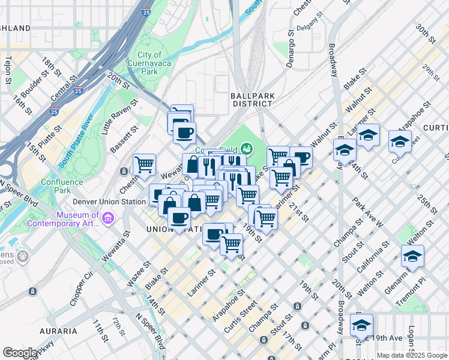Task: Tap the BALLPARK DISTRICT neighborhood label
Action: (252, 100)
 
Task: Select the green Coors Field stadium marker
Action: (247, 148)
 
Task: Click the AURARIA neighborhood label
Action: (58, 331)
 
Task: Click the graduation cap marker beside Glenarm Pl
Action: (412, 256)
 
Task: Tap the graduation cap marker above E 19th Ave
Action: (361, 325)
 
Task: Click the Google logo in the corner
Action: (20, 353)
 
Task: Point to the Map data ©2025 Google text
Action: (411, 355)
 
